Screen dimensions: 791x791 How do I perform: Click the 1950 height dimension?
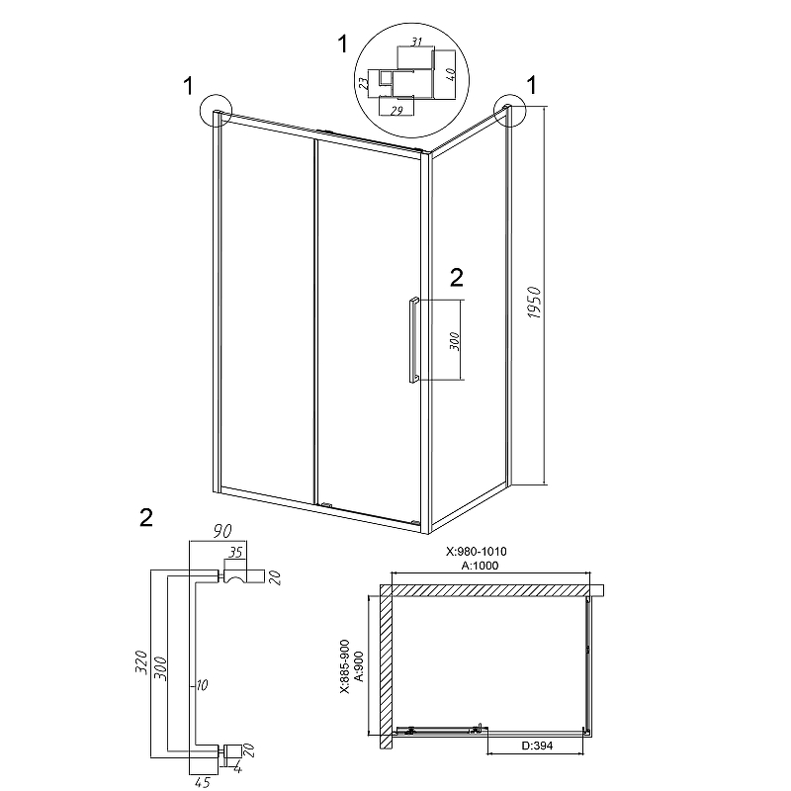coord(534,303)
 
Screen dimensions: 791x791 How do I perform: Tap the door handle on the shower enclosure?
coord(413,340)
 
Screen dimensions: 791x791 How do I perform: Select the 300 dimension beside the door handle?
coord(454,341)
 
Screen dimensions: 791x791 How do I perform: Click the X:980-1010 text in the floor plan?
coord(477,552)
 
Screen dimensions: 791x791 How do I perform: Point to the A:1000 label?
coord(480,566)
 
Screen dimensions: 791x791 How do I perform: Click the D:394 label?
coord(536,746)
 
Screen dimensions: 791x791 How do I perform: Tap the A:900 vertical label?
coord(359,666)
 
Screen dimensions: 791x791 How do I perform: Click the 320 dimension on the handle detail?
coord(141,661)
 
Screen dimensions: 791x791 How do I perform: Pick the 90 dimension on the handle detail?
coord(221,531)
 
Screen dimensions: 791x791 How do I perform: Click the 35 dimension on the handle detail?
coord(235,553)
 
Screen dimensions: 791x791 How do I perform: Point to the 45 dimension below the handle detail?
coord(202,782)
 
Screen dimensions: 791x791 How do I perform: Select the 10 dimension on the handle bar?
coord(202,685)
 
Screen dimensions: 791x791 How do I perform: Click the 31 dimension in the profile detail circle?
coord(415,42)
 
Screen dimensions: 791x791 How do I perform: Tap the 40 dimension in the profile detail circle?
coord(452,75)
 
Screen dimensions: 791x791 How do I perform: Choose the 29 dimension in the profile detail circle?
coord(396,111)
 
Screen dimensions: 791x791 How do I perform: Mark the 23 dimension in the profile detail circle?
coord(363,83)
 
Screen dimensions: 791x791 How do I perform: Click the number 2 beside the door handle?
coord(456,278)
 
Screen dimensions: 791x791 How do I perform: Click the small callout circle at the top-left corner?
coord(216,110)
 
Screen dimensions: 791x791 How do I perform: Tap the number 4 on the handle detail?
coord(237,769)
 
